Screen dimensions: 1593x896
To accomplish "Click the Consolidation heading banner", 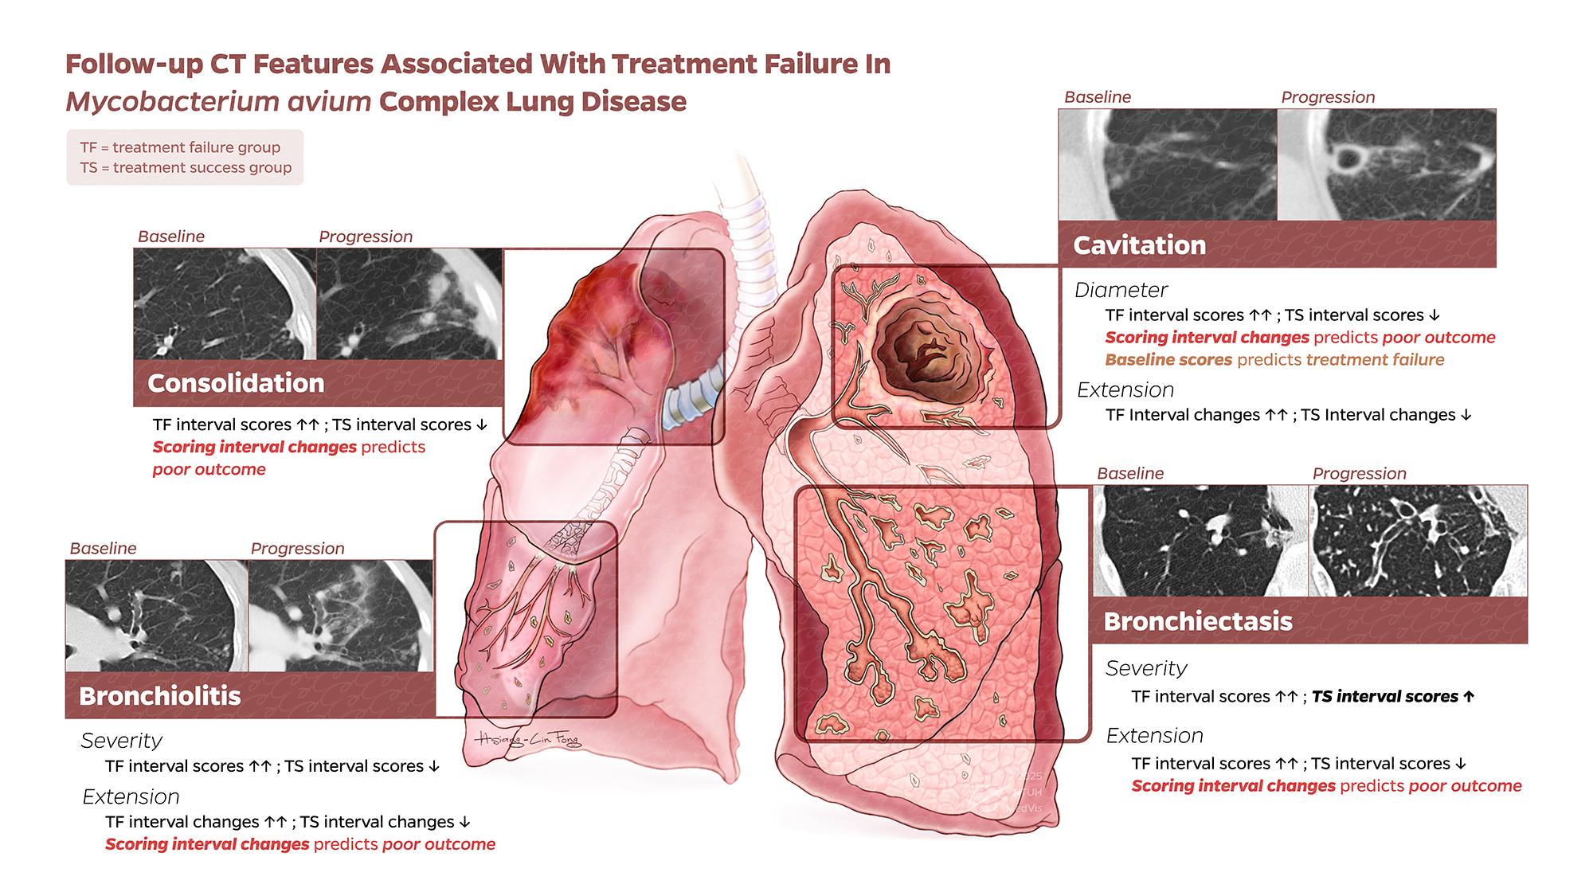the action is [318, 383].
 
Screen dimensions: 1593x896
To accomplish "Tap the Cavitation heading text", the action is [1139, 245].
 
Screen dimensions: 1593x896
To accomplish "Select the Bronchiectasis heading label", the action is [1198, 621].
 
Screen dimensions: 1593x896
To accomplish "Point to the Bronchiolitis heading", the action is [160, 696].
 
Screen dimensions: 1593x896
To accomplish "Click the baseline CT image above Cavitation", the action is [1168, 164].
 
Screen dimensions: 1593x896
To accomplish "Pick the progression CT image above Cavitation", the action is [1387, 164].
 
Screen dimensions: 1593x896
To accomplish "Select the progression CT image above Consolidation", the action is [409, 303].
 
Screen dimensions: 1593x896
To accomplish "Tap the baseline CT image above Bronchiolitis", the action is [156, 615].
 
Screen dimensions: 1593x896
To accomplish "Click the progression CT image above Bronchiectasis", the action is [1419, 540].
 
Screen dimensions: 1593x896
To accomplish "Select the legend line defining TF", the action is [180, 147].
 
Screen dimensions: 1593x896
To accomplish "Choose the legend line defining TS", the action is [186, 167].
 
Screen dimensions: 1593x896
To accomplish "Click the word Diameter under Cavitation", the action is [1121, 290].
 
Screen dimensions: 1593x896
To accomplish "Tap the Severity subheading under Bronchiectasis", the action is [1146, 668].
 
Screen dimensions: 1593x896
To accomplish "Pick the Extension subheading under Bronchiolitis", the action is [131, 796].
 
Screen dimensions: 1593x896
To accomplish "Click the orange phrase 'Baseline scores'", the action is [1168, 360].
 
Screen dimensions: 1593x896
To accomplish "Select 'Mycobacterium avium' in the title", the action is [218, 102].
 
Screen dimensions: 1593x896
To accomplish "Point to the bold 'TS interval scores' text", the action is [1384, 697].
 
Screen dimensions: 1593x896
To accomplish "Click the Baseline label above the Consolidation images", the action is [171, 237].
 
